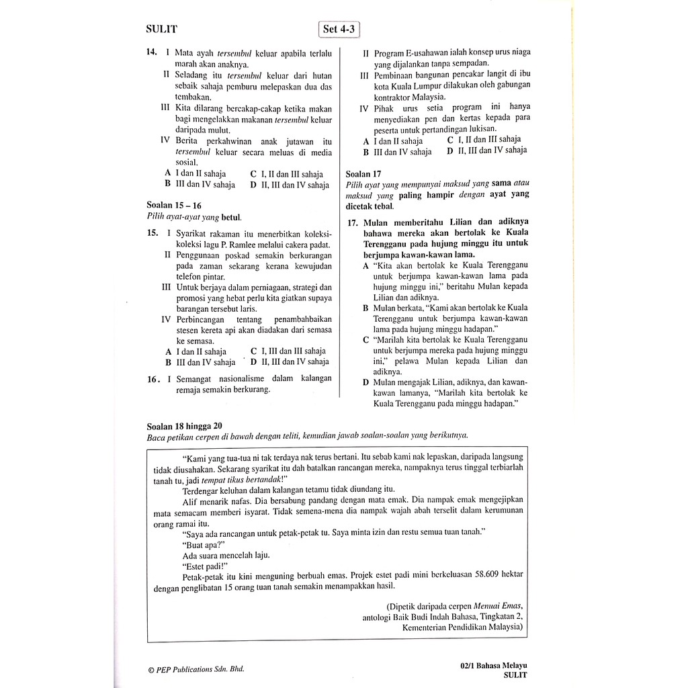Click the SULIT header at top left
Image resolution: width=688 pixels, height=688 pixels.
(161, 28)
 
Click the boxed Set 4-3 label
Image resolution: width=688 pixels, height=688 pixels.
(339, 29)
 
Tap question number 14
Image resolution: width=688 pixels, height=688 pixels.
(151, 52)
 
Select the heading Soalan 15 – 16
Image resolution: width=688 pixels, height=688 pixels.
(173, 205)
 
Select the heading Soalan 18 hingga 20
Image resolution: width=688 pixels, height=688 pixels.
(184, 425)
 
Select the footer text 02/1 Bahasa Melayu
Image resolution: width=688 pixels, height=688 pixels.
(490, 665)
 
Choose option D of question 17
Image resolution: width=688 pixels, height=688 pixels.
(365, 382)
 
